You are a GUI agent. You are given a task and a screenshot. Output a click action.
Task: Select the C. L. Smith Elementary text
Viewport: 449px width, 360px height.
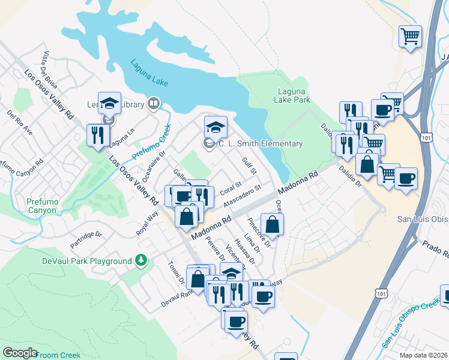pos(260,143)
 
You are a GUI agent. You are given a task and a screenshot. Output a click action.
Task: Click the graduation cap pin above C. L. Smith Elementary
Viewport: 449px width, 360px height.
pos(215,128)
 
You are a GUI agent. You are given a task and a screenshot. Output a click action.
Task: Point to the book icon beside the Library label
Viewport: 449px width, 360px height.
pos(154,104)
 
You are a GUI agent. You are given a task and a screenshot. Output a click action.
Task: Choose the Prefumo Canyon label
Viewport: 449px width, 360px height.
pos(43,206)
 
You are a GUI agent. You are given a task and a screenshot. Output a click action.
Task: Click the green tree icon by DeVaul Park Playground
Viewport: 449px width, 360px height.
pos(141,260)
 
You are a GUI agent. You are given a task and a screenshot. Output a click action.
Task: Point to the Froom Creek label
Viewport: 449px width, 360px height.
pos(58,355)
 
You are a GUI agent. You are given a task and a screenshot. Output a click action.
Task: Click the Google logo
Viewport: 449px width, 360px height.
pos(20,353)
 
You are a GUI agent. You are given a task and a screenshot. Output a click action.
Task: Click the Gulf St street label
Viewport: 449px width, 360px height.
pos(249,167)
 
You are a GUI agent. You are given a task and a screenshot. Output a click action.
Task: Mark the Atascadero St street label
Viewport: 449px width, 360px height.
pos(243,196)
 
